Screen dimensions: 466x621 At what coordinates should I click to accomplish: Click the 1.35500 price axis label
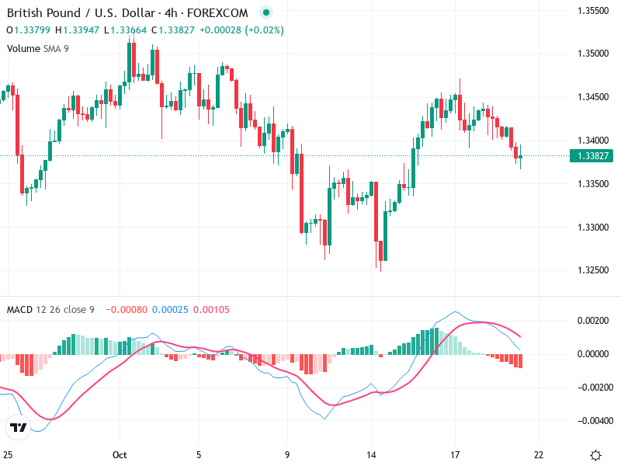[592, 10]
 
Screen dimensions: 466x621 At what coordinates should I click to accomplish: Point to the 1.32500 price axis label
[592, 270]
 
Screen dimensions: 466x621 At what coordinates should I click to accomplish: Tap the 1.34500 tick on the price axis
[592, 97]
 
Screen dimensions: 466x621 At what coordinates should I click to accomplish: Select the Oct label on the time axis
[119, 455]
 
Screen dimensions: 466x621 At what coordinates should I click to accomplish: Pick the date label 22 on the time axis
[539, 455]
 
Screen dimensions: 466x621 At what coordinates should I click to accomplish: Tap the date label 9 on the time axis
[287, 455]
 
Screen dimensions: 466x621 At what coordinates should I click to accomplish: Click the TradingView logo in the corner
[18, 427]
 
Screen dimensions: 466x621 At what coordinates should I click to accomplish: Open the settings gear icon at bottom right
[595, 455]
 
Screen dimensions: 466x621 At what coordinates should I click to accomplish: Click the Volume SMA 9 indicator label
[37, 48]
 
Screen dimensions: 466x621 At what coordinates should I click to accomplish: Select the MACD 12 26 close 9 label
[50, 310]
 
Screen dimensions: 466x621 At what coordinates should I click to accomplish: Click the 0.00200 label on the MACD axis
[592, 321]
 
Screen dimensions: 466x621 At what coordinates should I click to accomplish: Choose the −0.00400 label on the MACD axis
[591, 421]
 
